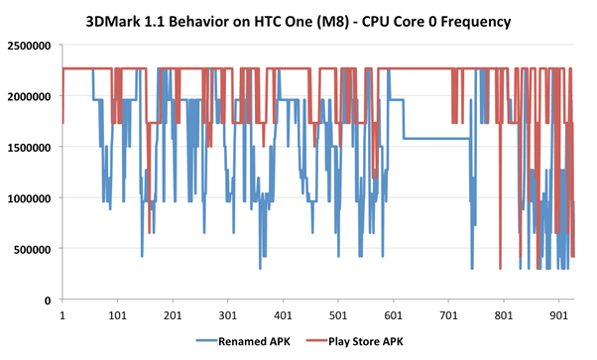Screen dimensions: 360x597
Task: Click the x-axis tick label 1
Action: pyautogui.click(x=62, y=316)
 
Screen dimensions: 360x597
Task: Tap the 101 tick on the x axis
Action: pyautogui.click(x=117, y=316)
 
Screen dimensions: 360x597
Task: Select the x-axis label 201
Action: pyautogui.click(x=172, y=316)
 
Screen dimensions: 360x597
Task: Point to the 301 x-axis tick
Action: pyautogui.click(x=227, y=316)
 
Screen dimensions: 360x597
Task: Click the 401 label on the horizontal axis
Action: pyautogui.click(x=283, y=316)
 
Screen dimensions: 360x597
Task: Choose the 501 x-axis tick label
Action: pyautogui.click(x=338, y=316)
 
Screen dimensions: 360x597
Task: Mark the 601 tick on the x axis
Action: pyautogui.click(x=393, y=316)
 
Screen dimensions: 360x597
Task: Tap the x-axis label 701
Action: pyautogui.click(x=448, y=316)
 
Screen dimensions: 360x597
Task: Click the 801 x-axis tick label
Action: pyautogui.click(x=503, y=316)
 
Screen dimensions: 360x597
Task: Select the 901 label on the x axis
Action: pyautogui.click(x=558, y=316)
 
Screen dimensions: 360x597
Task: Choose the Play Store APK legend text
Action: pyautogui.click(x=361, y=342)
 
